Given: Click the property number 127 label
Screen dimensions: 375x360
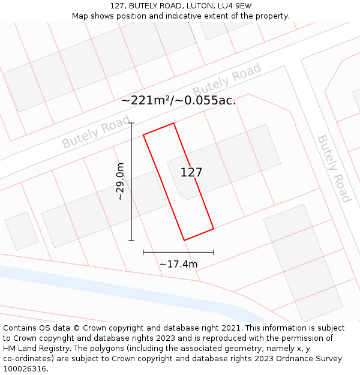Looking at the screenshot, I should click(191, 172).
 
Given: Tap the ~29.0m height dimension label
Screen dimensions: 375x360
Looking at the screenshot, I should click(120, 181).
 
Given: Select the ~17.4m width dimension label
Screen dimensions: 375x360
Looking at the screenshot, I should click(178, 264).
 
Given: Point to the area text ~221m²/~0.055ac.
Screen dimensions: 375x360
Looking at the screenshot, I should click(178, 101).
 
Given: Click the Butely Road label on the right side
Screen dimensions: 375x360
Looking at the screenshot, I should click(334, 169).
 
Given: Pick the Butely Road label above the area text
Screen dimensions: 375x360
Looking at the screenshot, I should click(227, 80).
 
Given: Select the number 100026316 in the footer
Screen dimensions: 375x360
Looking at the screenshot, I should click(25, 369).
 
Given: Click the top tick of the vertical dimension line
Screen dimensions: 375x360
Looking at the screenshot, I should click(131, 123).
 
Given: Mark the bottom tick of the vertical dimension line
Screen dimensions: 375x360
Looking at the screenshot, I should click(131, 241).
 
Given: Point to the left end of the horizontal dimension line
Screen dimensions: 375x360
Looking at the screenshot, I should click(143, 253).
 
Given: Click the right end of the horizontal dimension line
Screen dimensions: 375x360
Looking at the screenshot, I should click(214, 253).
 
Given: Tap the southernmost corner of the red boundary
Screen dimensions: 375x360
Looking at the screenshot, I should click(184, 241).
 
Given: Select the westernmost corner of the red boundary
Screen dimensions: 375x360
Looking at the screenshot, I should click(143, 135).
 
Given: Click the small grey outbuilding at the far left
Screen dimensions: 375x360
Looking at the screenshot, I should click(21, 231).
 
